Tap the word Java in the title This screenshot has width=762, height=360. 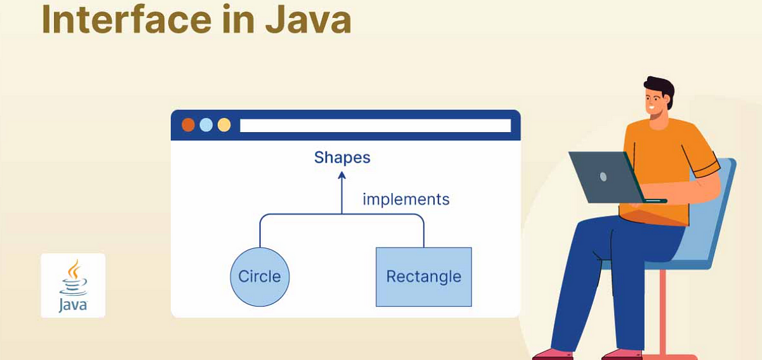click(x=308, y=20)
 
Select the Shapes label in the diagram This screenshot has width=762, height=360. click(x=342, y=157)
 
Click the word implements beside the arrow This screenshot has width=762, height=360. click(x=406, y=199)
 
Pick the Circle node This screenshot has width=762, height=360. click(x=260, y=277)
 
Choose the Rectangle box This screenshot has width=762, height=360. click(x=424, y=277)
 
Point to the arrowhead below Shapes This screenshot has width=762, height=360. click(x=342, y=175)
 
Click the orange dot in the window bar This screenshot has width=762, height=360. click(x=188, y=125)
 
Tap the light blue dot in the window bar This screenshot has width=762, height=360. click(x=206, y=125)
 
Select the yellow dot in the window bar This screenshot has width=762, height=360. click(x=224, y=125)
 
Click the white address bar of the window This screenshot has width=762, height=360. click(x=375, y=126)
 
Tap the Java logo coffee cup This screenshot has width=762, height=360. click(x=73, y=278)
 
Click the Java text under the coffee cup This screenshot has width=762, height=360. click(x=73, y=305)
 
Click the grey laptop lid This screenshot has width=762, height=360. click(x=604, y=177)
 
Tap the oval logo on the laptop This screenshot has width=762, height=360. click(x=603, y=177)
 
